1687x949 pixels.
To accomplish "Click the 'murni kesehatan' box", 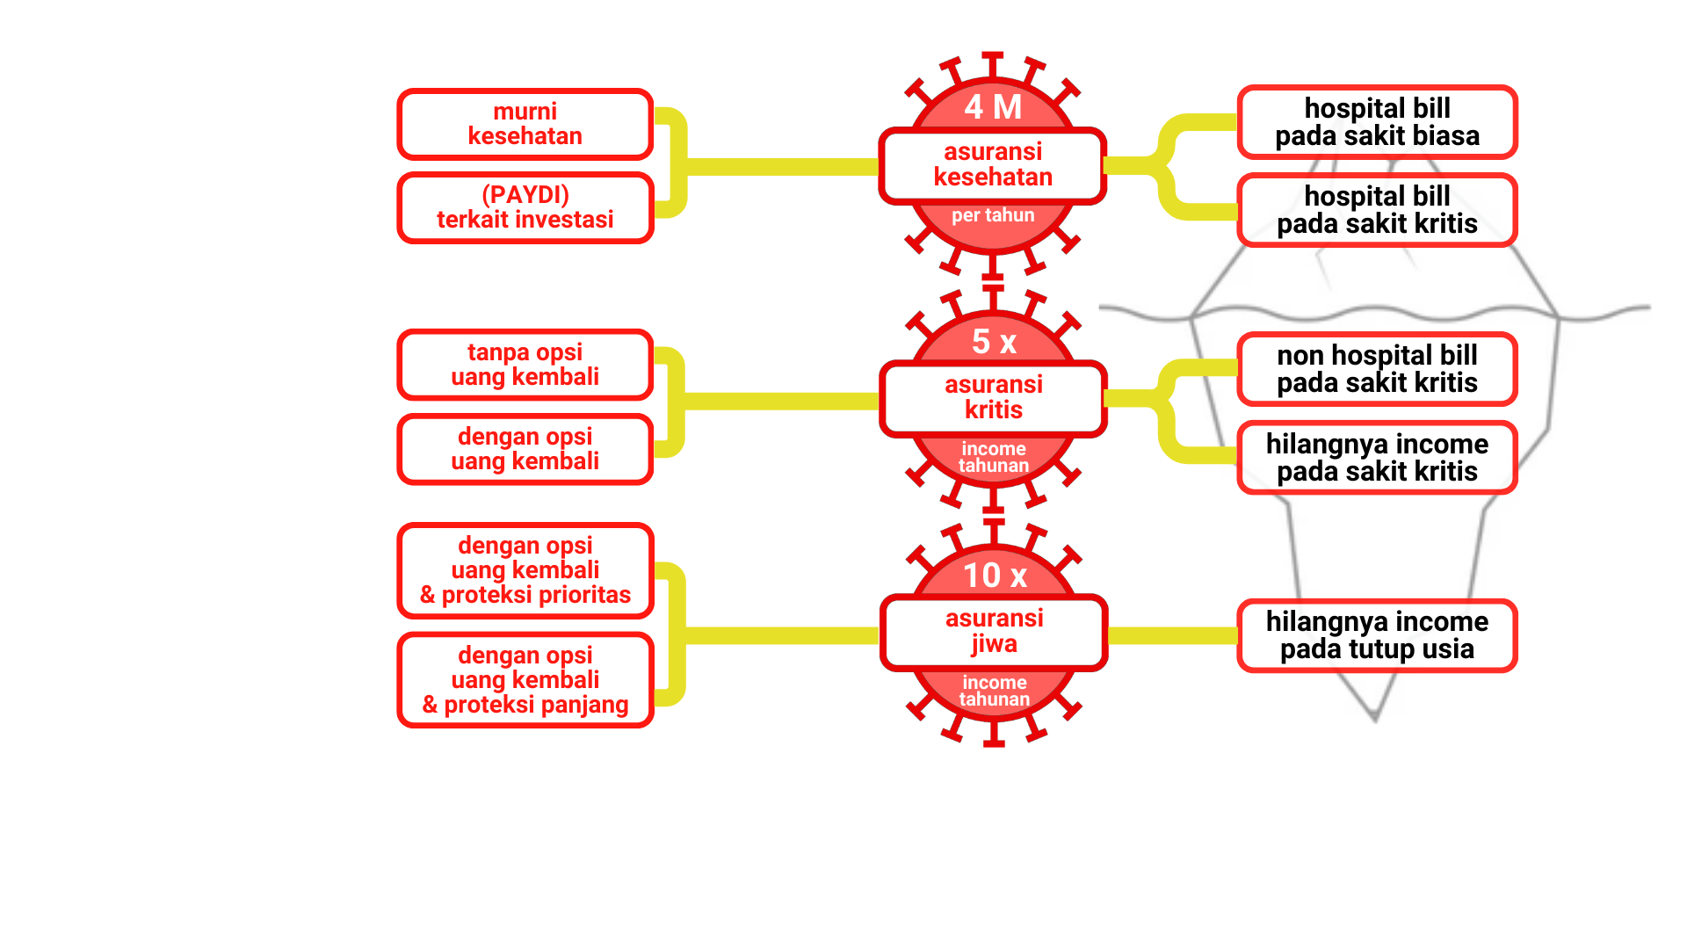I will coord(525,124).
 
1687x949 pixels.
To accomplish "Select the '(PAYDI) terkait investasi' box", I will coord(525,207).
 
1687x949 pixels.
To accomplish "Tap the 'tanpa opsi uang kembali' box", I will coord(525,365).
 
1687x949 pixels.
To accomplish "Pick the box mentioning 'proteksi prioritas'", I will coord(525,570).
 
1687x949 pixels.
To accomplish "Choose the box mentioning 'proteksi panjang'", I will coord(525,680).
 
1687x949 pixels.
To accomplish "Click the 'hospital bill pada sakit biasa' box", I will coord(1377,122).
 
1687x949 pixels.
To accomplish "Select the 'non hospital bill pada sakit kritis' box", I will coord(1377,369).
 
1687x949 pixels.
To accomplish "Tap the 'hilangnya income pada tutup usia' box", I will coord(1377,635).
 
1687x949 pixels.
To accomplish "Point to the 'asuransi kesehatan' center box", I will coord(993,165).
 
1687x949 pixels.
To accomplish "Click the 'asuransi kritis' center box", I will coord(993,398).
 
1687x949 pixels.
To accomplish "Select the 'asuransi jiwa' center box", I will coord(994,632).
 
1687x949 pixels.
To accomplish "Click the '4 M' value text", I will coord(993,107).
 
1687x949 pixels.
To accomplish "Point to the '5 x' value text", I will coord(994,341).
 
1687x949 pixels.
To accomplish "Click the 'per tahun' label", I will coord(993,215).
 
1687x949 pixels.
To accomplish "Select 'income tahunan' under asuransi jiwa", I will coord(994,691).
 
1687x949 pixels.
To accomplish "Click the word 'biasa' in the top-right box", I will coord(1446,136).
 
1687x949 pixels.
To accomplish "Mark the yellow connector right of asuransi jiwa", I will coord(1173,635).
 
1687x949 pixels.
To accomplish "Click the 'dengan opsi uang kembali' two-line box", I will coord(525,449).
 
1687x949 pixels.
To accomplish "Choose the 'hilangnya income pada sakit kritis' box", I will coord(1377,458).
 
